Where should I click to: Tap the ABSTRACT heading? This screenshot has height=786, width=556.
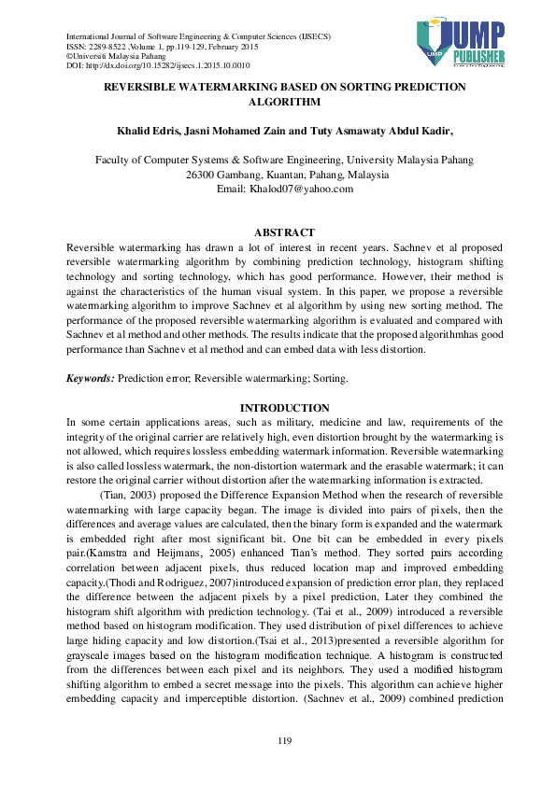pos(284,232)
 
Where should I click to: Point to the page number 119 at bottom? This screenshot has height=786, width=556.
pos(285,740)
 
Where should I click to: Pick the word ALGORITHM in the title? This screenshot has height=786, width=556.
pos(284,103)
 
